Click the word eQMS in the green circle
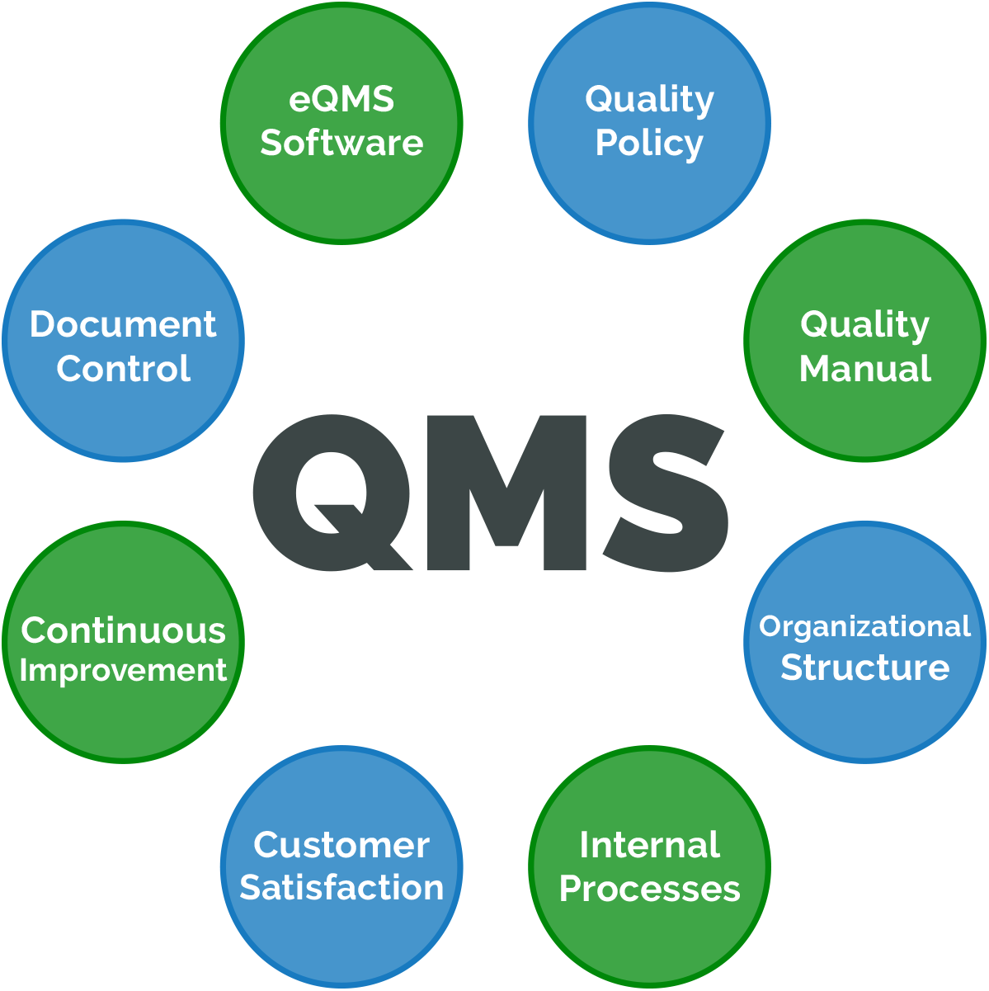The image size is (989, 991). tap(341, 100)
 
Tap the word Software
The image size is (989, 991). tap(341, 143)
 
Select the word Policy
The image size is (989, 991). tap(649, 144)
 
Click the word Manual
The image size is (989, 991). tap(865, 368)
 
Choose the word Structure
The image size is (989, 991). tap(864, 667)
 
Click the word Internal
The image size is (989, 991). tap(649, 845)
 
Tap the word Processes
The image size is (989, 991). tap(649, 889)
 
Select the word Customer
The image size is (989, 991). tap(341, 845)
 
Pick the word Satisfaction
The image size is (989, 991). tap(341, 888)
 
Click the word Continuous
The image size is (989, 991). tap(124, 630)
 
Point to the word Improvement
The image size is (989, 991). tap(124, 670)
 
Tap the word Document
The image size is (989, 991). tap(124, 324)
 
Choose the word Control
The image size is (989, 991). tap(124, 368)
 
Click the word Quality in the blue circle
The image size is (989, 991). tap(649, 100)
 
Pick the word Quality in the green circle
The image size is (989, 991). tap(864, 325)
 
